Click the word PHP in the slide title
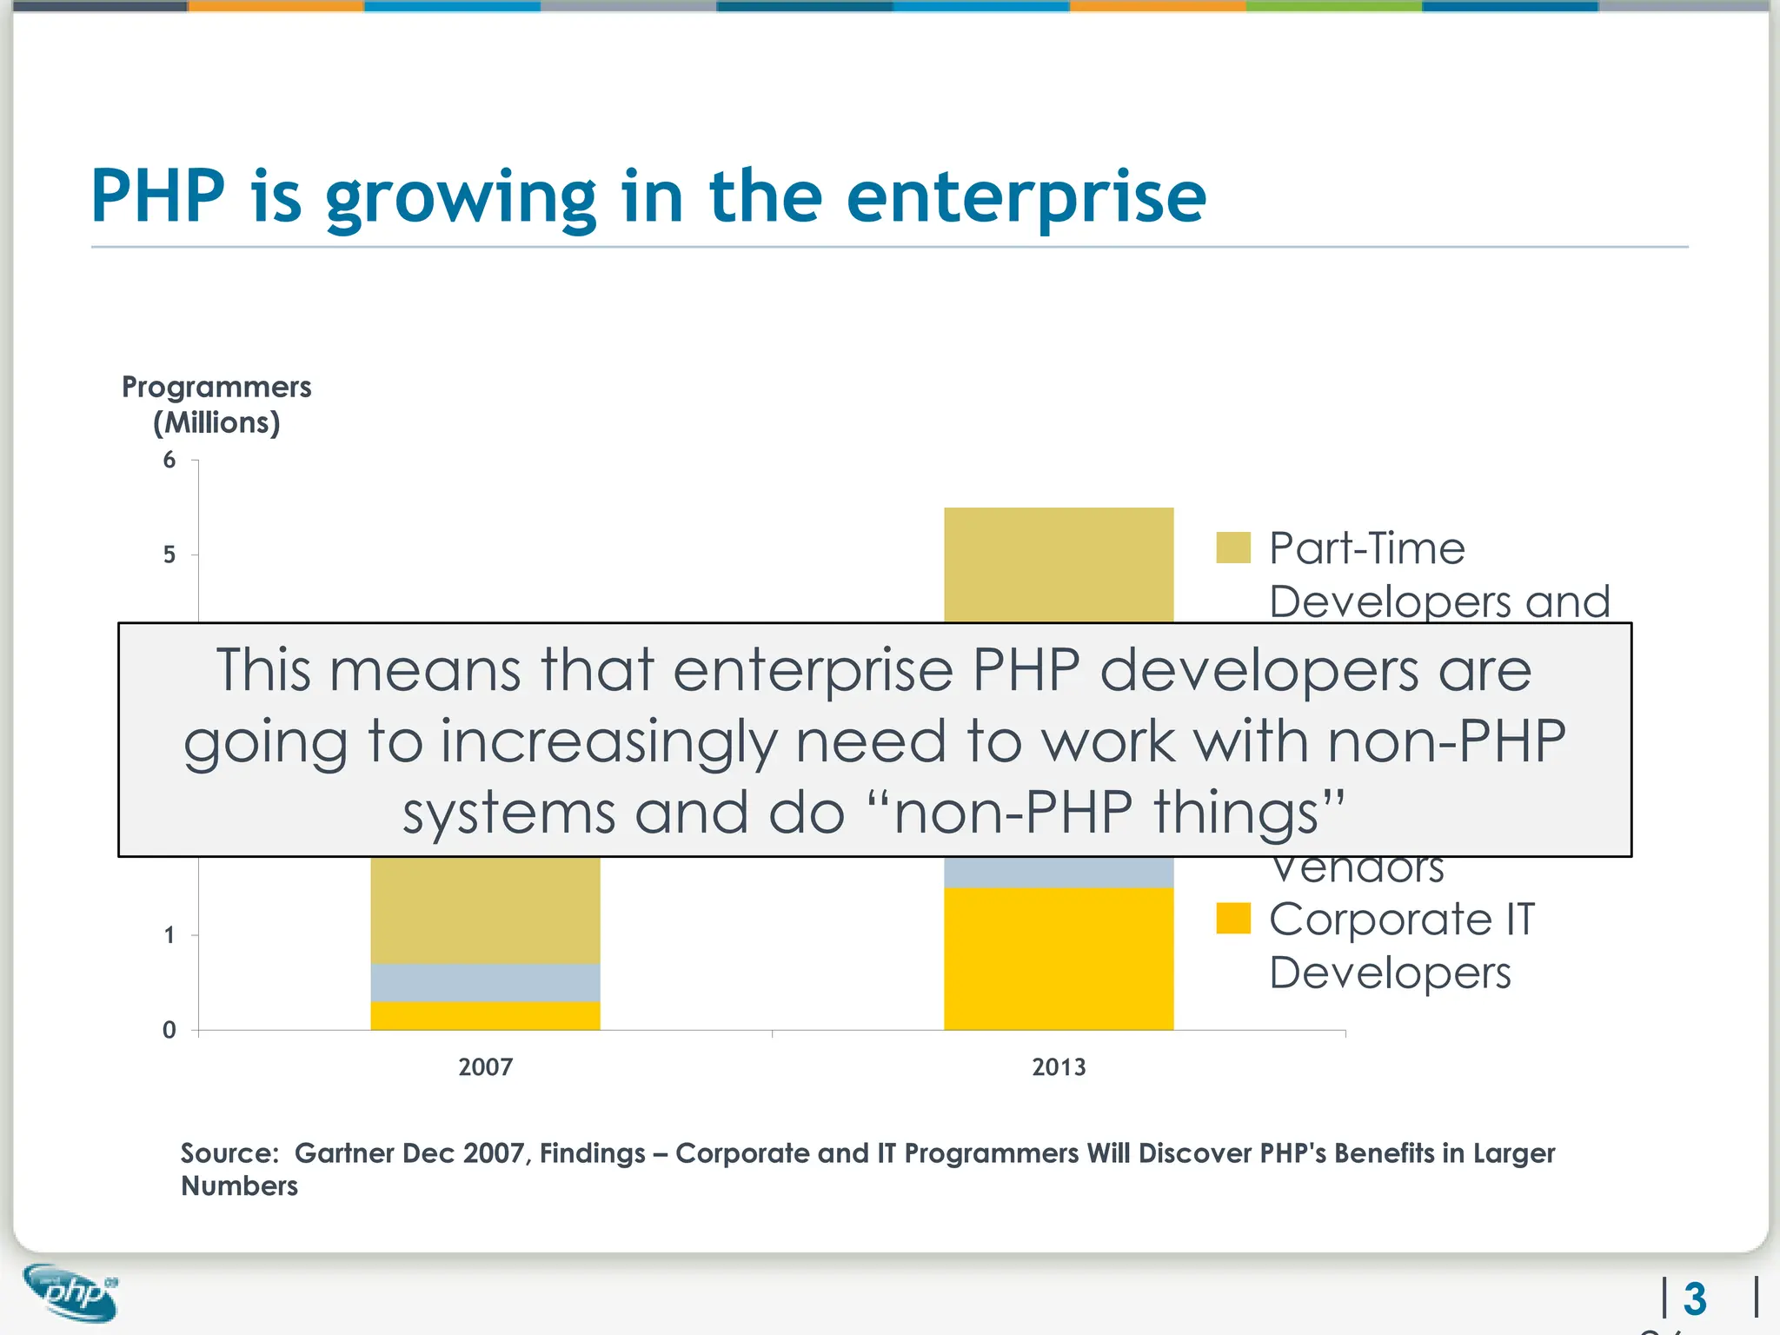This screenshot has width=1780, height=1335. (x=158, y=196)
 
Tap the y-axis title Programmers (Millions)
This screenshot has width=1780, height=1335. (x=216, y=404)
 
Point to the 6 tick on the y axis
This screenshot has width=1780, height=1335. (x=169, y=460)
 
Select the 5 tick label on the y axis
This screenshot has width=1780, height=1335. (x=169, y=555)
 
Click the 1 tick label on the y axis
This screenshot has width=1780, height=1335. (x=169, y=935)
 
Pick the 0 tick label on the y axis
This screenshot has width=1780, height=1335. (x=169, y=1030)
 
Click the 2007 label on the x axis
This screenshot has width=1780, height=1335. (x=485, y=1066)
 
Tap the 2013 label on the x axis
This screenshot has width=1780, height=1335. (x=1059, y=1066)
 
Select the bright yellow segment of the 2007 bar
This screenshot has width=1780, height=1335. (x=485, y=1016)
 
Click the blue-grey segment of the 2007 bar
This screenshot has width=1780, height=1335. (x=485, y=982)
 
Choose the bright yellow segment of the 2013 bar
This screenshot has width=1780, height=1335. (x=1059, y=958)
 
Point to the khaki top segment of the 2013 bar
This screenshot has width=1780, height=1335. (x=1059, y=565)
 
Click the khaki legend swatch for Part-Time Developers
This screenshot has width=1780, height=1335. (x=1232, y=548)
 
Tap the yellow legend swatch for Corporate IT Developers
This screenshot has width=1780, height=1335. (x=1232, y=918)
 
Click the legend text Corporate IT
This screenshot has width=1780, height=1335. (x=1401, y=919)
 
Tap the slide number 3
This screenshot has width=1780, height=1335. (x=1695, y=1299)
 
